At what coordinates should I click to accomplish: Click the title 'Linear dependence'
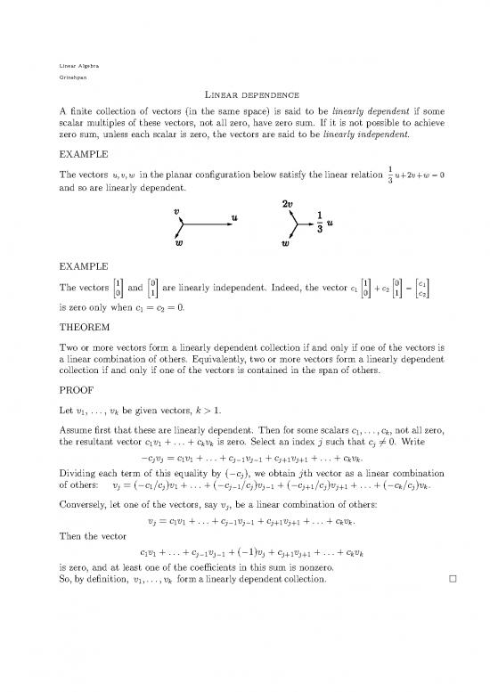[245, 95]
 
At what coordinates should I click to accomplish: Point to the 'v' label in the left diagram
[176, 214]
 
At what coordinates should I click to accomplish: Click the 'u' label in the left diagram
[233, 217]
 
